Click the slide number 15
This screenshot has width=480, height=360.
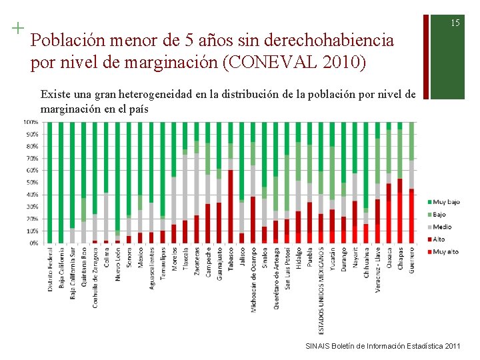[x=455, y=23]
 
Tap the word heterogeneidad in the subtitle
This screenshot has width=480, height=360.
[x=146, y=95]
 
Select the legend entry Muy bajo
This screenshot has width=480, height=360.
[x=445, y=202]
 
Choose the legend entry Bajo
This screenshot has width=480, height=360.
[x=439, y=215]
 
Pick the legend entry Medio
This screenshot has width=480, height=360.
[x=441, y=227]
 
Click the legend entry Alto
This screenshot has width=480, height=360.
[x=439, y=239]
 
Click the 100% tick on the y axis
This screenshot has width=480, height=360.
[x=31, y=122]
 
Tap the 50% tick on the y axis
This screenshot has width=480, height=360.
[x=32, y=183]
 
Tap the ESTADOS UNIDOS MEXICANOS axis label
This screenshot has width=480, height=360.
[x=321, y=291]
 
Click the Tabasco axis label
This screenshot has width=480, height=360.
[x=231, y=259]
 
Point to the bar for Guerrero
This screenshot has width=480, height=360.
[x=411, y=183]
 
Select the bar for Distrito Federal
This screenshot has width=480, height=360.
[x=50, y=183]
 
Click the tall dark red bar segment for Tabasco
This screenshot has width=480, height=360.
[x=231, y=207]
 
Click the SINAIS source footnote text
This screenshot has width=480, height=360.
[x=382, y=346]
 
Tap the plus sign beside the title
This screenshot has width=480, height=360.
[x=17, y=28]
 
